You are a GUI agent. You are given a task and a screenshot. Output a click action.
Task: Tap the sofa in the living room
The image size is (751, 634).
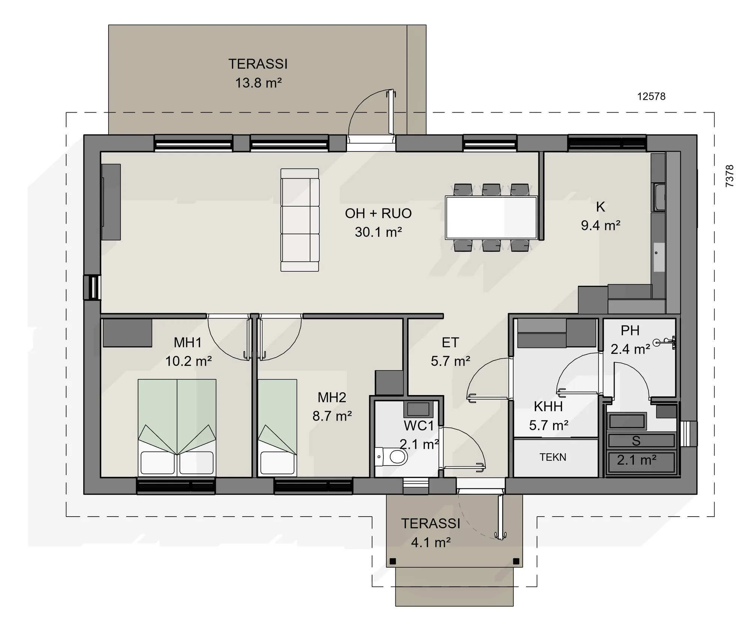click(x=300, y=220)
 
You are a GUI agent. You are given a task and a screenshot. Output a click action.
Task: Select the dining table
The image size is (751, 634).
click(x=492, y=218)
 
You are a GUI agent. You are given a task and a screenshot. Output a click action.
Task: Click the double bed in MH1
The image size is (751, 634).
click(x=177, y=428)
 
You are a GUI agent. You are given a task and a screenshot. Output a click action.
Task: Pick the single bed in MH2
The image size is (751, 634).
click(x=277, y=428)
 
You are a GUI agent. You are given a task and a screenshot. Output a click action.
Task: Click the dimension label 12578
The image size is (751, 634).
click(x=651, y=96)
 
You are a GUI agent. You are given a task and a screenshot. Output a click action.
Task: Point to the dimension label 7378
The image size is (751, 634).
click(x=729, y=176)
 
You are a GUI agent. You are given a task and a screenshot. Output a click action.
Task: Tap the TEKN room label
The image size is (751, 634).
click(x=553, y=457)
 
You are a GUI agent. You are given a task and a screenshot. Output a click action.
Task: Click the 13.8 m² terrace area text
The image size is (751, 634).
click(x=258, y=83)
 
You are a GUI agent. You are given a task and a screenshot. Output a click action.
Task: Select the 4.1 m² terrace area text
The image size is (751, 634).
click(x=431, y=542)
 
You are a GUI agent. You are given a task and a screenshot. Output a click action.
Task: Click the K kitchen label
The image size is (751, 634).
click(x=600, y=207)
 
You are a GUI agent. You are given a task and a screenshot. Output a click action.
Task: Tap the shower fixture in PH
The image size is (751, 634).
click(x=665, y=342)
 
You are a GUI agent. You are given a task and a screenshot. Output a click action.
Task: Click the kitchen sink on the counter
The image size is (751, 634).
click(x=659, y=197)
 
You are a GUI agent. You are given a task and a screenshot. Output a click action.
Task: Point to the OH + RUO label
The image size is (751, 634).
click(x=378, y=213)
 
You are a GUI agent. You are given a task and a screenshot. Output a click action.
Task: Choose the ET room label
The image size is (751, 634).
click(x=450, y=342)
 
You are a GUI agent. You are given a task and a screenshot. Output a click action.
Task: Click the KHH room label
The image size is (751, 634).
click(x=548, y=406)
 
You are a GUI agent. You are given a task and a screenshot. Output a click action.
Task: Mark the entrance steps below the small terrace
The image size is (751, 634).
click(x=454, y=586)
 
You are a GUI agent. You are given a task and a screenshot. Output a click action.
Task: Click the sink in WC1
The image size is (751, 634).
click(x=418, y=409)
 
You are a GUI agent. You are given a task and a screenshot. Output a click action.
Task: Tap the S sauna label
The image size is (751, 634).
click(x=636, y=441)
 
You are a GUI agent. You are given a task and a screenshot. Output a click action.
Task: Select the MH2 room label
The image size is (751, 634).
click(x=332, y=397)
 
